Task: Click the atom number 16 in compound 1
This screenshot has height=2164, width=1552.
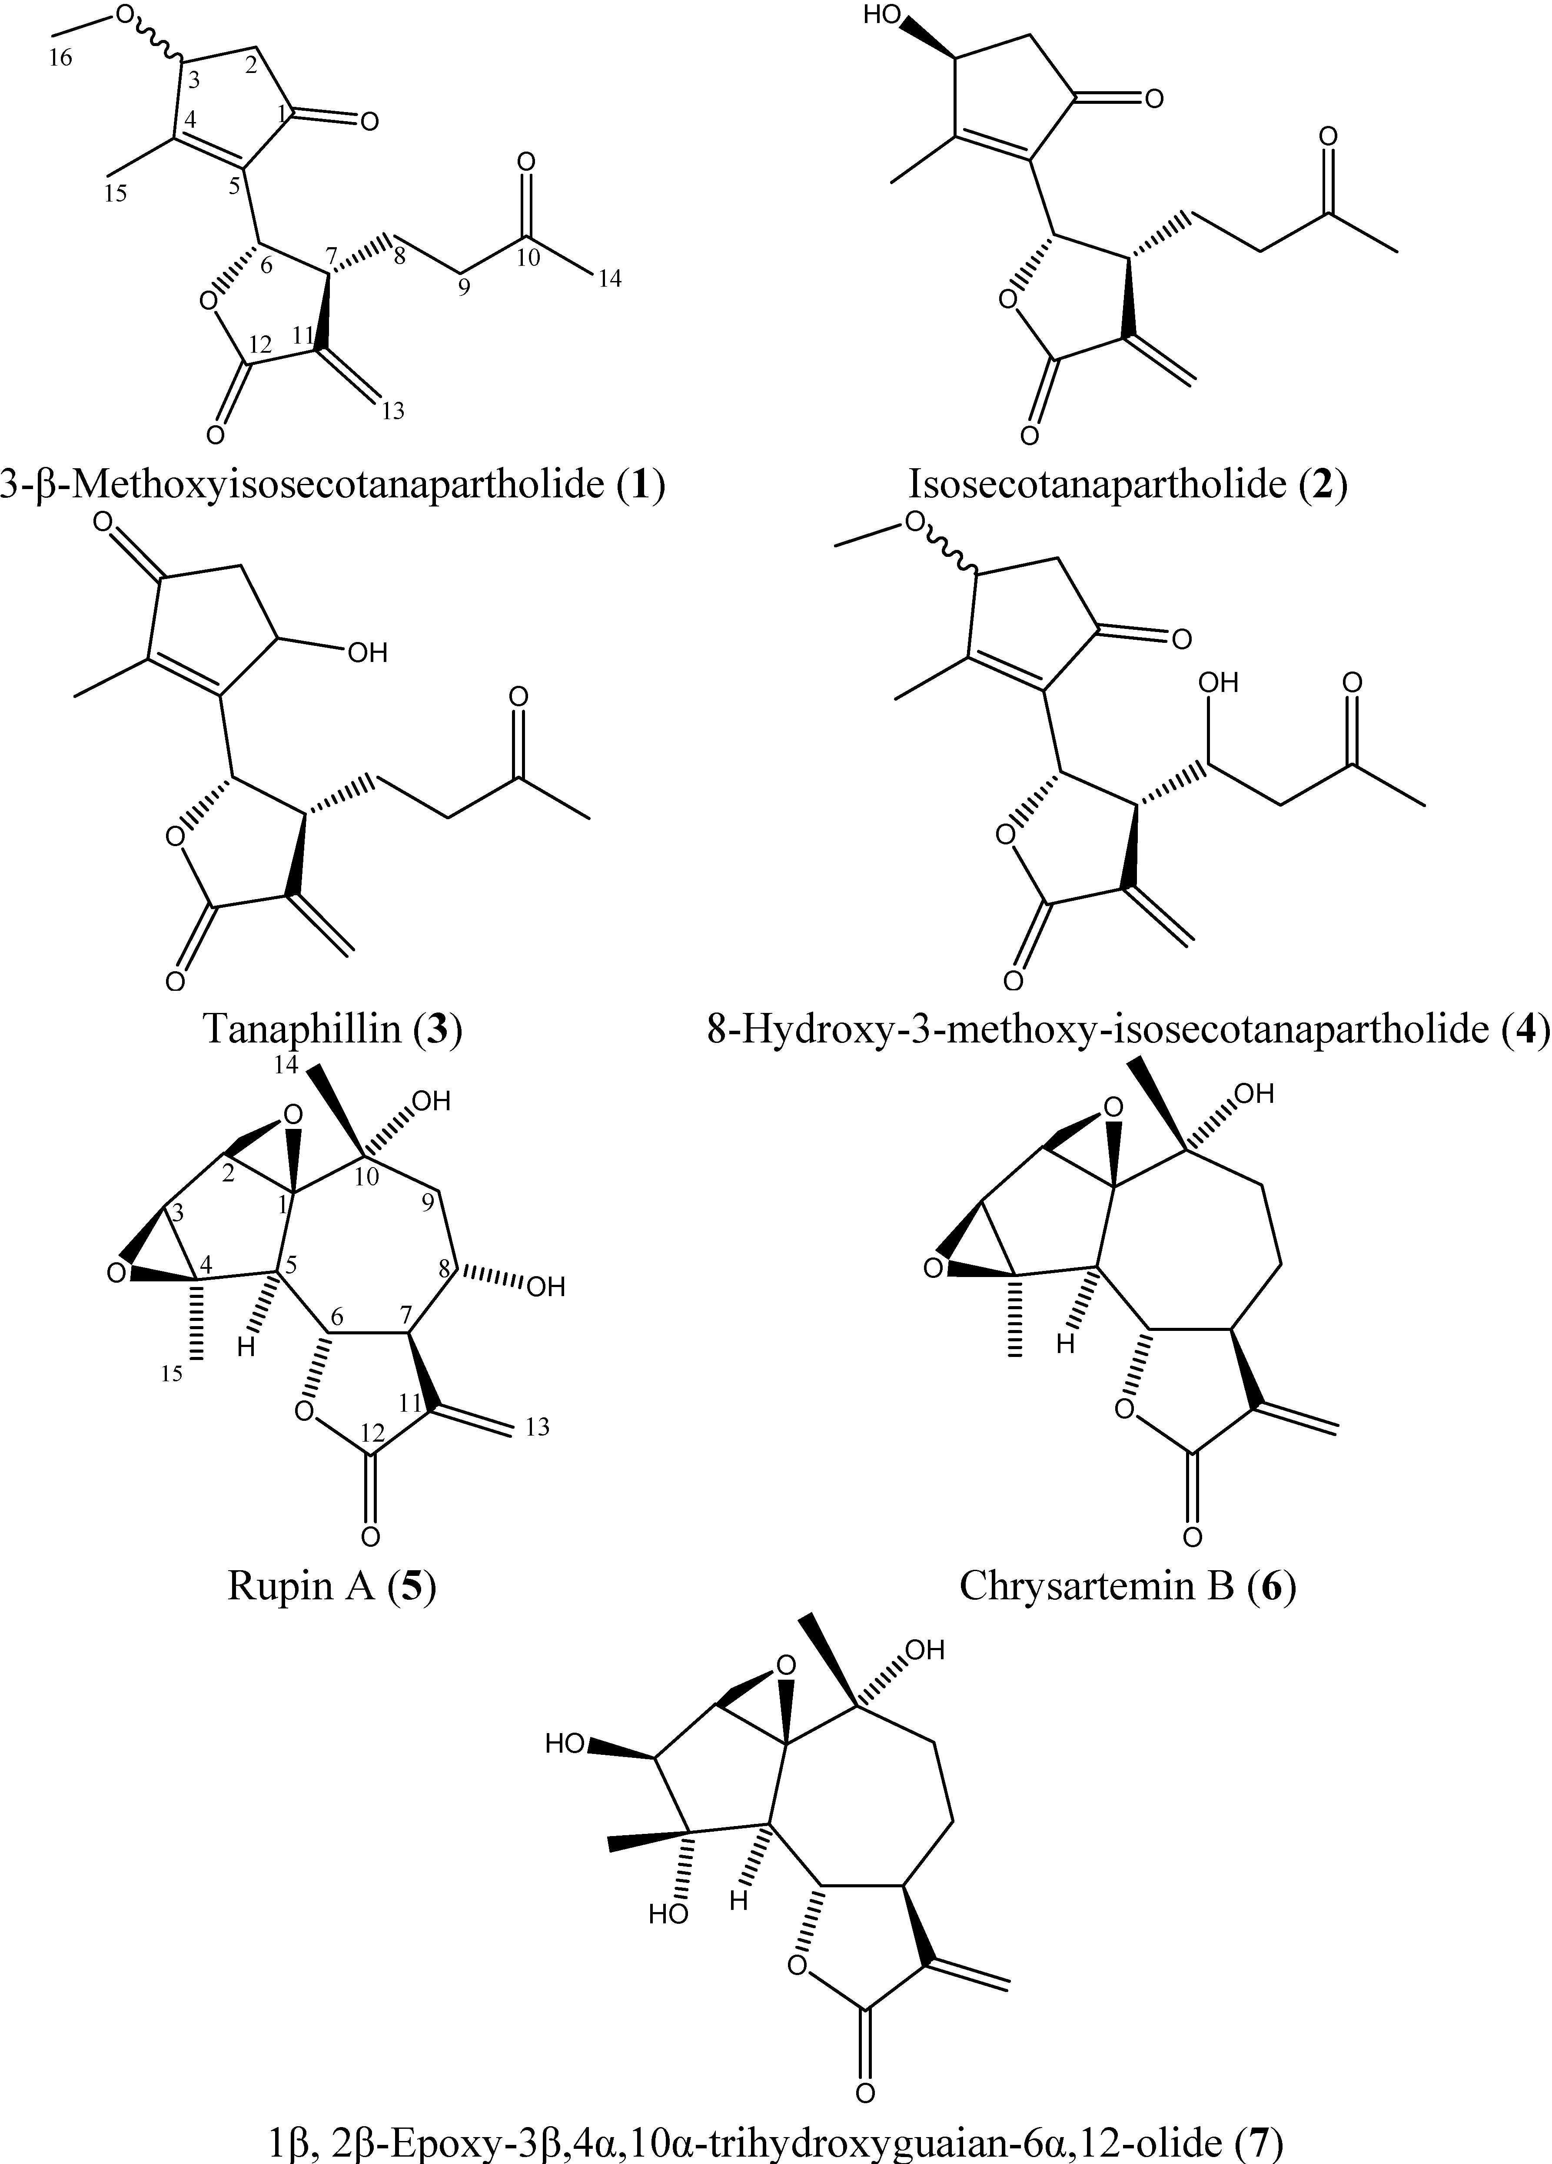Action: pyautogui.click(x=60, y=58)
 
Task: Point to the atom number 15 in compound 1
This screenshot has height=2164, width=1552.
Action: pyautogui.click(x=116, y=194)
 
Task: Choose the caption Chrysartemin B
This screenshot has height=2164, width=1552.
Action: pyautogui.click(x=1096, y=1586)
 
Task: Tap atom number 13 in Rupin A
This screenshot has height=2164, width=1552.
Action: pyautogui.click(x=537, y=1427)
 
